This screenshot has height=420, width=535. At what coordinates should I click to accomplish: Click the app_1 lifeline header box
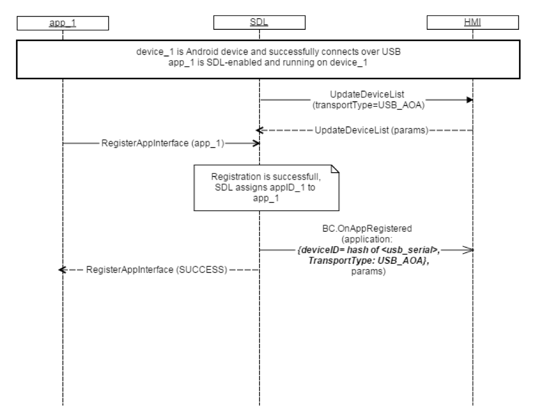(x=62, y=23)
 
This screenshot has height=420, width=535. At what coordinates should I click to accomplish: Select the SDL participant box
(x=259, y=23)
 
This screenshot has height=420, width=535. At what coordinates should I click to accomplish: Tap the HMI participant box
(x=473, y=23)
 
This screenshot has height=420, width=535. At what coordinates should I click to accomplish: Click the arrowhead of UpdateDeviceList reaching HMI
(x=469, y=100)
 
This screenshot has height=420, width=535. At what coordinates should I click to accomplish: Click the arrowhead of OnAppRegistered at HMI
(x=469, y=249)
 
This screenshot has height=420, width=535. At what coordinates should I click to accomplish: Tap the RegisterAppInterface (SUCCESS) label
(x=157, y=270)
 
